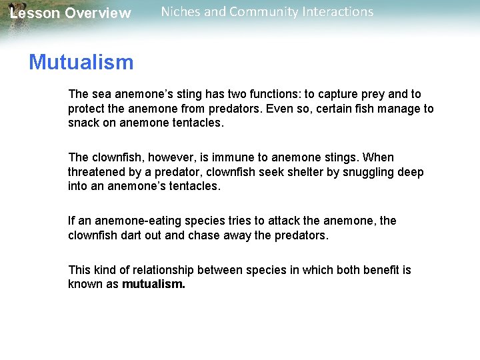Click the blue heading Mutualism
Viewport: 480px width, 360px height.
coord(81,63)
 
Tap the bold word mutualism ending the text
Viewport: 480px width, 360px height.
coord(153,284)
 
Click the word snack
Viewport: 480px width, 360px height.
coord(83,123)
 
